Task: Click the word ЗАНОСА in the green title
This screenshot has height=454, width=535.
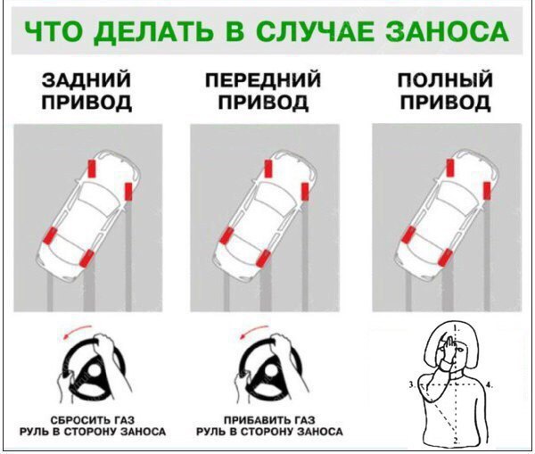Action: point(442,34)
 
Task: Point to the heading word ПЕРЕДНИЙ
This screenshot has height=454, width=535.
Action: point(263,81)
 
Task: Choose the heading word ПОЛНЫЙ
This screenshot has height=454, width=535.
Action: point(444,81)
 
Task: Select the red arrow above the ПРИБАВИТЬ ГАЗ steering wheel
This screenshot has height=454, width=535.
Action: point(261,329)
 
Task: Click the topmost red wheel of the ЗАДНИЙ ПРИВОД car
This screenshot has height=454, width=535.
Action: point(93,168)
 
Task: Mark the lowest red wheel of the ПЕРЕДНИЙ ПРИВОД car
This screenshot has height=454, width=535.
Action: point(265,260)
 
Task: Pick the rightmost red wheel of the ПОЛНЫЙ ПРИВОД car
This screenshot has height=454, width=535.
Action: point(486,191)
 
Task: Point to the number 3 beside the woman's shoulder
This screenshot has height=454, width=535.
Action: point(411,384)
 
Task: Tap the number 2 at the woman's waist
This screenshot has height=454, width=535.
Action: point(456,440)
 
